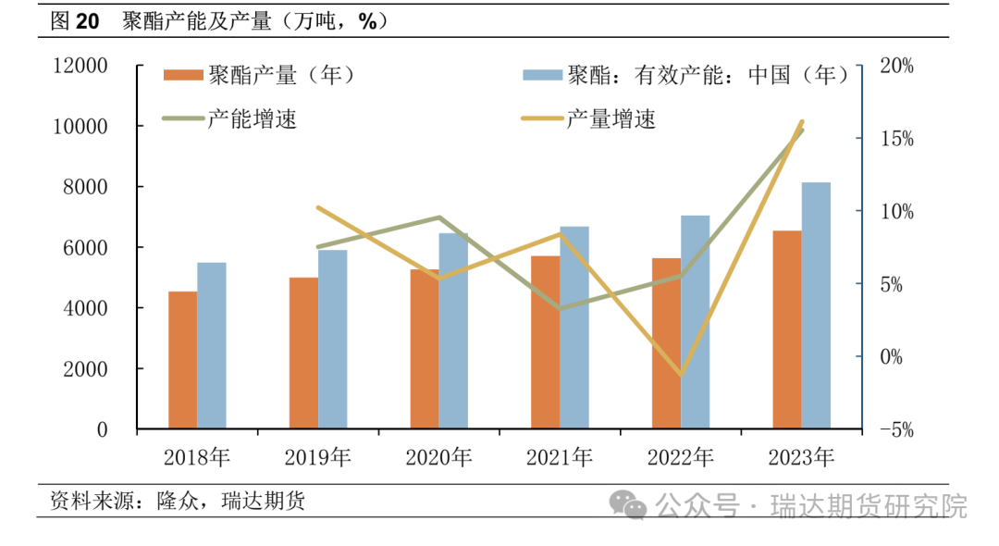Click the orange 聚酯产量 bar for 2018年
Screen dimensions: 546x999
pyautogui.click(x=182, y=360)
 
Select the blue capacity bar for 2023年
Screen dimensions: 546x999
pyautogui.click(x=816, y=305)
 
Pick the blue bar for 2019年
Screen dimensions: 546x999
pyautogui.click(x=333, y=339)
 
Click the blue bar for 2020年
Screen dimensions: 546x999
pyautogui.click(x=453, y=330)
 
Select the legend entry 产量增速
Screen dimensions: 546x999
pyautogui.click(x=610, y=118)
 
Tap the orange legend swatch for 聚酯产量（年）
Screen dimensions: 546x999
pyautogui.click(x=182, y=75)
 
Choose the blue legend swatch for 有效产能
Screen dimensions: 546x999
pyautogui.click(x=541, y=75)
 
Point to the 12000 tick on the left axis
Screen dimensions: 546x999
pyautogui.click(x=80, y=66)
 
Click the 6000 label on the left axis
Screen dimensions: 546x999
pyautogui.click(x=88, y=248)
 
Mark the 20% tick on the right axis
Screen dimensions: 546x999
pyautogui.click(x=895, y=66)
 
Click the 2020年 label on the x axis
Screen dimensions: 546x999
pyautogui.click(x=438, y=457)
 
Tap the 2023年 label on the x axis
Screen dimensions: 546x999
pyautogui.click(x=801, y=457)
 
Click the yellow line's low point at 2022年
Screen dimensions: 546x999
pyautogui.click(x=682, y=376)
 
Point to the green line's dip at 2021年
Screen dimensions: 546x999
pyautogui.click(x=560, y=308)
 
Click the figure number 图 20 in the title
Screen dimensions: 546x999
pyautogui.click(x=74, y=21)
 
